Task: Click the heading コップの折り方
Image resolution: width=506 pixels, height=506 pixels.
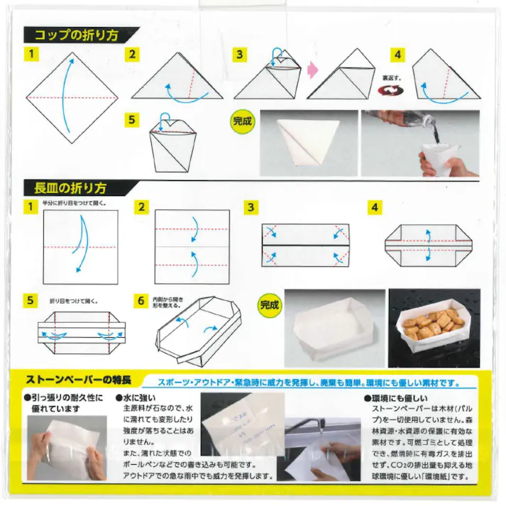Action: [78, 33]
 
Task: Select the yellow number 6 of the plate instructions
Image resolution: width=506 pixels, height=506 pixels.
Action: [142, 300]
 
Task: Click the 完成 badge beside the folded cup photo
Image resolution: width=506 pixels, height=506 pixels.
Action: [242, 121]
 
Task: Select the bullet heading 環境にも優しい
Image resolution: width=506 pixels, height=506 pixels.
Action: [398, 400]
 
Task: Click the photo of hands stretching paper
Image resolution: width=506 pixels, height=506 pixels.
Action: [62, 447]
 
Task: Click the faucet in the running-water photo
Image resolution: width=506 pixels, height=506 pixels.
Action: [315, 427]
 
